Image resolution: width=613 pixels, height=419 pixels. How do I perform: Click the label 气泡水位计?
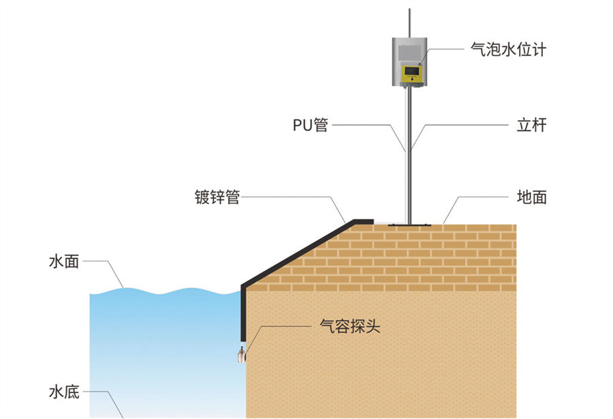[x=508, y=50]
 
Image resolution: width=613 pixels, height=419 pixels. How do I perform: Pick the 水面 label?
[x=63, y=261]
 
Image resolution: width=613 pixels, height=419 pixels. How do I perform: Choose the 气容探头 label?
[x=349, y=326]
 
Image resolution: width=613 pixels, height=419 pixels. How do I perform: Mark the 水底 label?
[x=63, y=392]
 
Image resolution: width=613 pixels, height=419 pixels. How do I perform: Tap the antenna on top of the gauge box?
[x=409, y=20]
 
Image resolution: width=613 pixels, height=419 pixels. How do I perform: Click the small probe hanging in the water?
[x=242, y=354]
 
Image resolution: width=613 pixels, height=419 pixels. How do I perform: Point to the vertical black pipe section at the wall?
[x=243, y=314]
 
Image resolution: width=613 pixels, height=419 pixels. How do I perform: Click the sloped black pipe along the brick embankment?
[x=293, y=252]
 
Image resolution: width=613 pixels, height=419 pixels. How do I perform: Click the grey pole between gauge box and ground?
[x=409, y=157]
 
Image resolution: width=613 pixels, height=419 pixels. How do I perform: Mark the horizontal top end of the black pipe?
[x=361, y=221]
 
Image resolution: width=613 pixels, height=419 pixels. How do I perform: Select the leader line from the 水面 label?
[x=109, y=269]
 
